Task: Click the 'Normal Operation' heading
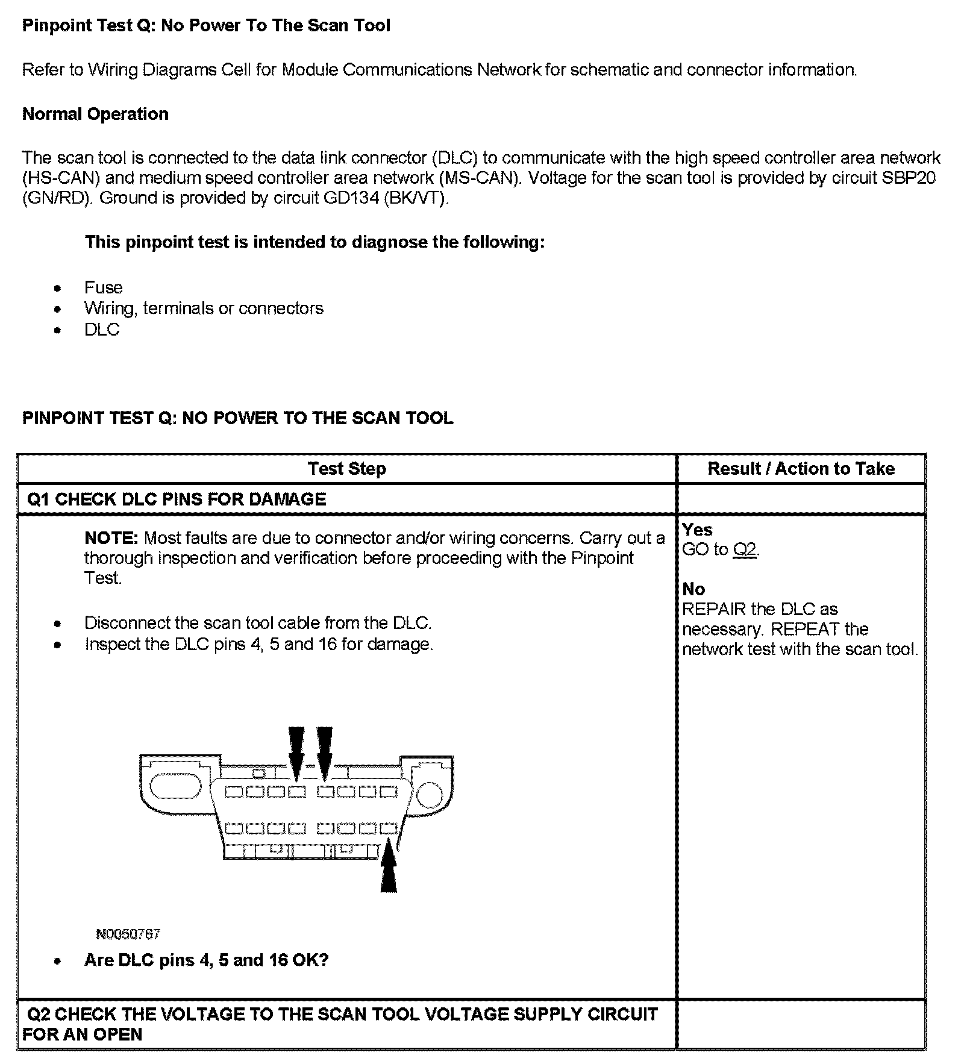(95, 114)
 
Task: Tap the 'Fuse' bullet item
(103, 287)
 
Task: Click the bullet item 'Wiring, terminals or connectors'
(204, 308)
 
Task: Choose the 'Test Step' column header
(346, 469)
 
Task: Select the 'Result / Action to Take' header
(801, 469)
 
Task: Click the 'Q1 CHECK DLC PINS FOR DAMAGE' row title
(177, 499)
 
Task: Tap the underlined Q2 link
(744, 549)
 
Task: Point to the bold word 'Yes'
(697, 530)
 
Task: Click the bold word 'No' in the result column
(693, 589)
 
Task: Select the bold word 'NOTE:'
(111, 537)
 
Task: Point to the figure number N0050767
(128, 934)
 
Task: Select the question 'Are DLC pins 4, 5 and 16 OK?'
(207, 960)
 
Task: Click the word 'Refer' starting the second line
(43, 70)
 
